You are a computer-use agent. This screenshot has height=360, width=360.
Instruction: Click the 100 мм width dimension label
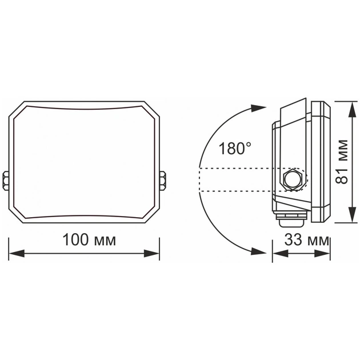pyautogui.click(x=89, y=239)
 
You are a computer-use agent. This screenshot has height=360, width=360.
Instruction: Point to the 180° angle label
pyautogui.click(x=234, y=150)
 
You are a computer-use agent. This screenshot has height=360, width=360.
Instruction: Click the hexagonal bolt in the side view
pyautogui.click(x=294, y=179)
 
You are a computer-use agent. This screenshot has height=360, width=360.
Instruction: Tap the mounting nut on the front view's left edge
pyautogui.click(x=6, y=180)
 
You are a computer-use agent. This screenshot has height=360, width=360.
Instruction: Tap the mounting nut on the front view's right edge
pyautogui.click(x=163, y=180)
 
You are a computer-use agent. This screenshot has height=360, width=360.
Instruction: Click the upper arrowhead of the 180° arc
pyautogui.click(x=258, y=107)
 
